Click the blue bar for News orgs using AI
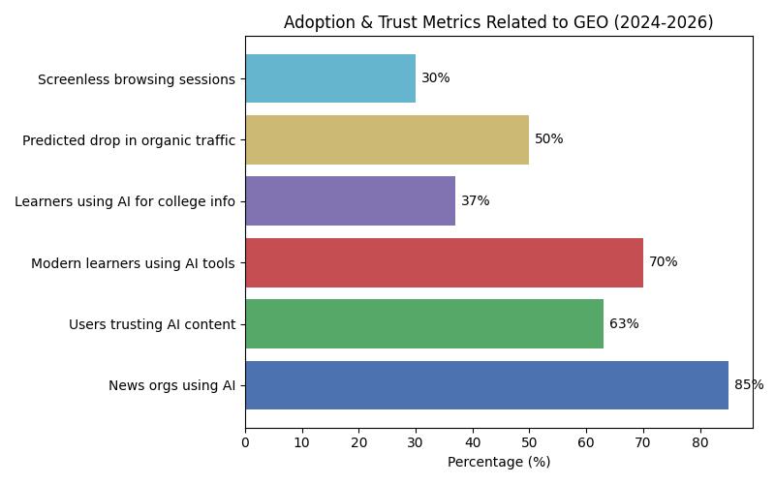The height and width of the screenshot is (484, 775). [x=486, y=385]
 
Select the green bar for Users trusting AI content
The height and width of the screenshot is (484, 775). [x=424, y=324]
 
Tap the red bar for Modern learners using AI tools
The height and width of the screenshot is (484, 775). [x=444, y=262]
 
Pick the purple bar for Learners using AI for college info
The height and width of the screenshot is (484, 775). [x=350, y=201]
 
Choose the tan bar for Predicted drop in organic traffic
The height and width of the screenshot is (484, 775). [x=387, y=139]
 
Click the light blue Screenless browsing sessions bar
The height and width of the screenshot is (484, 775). [x=330, y=78]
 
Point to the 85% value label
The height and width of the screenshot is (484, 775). [x=749, y=385]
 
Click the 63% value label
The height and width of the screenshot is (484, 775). [x=624, y=324]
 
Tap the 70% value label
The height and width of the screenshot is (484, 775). [x=663, y=262]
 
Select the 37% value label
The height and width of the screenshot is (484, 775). [x=475, y=201]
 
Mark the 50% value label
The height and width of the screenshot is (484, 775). [x=548, y=139]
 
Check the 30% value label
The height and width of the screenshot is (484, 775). [x=435, y=78]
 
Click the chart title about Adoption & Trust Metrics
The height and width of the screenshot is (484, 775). [x=498, y=22]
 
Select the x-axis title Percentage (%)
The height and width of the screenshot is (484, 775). [x=498, y=463]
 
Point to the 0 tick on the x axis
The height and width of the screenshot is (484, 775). [x=245, y=443]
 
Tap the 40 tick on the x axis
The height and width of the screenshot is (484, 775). [x=473, y=443]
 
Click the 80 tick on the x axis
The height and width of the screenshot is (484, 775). [x=699, y=443]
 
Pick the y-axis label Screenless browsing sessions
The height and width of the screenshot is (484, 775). [x=137, y=79]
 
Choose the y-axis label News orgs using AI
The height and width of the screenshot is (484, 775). [x=172, y=386]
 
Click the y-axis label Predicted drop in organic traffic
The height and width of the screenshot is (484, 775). [x=129, y=140]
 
